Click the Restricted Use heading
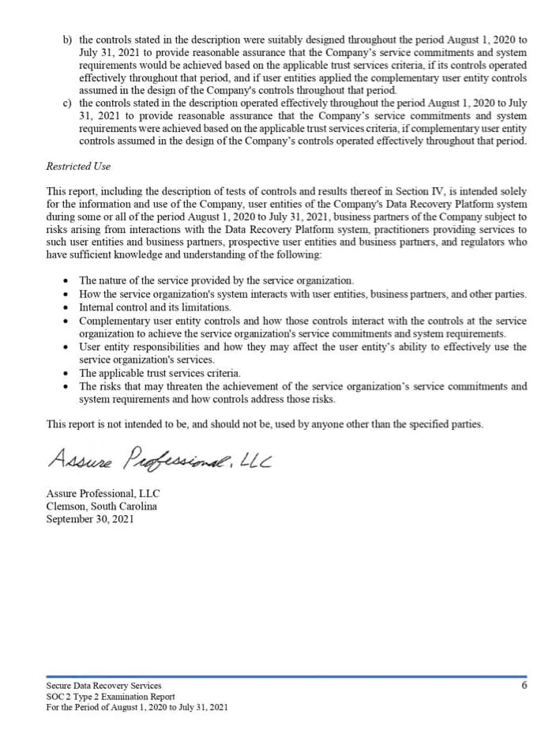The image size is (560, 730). [78, 167]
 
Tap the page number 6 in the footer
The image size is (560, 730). [524, 685]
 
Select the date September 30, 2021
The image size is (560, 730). [90, 519]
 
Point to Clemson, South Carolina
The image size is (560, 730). [101, 506]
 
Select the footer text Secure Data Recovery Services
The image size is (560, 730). [103, 686]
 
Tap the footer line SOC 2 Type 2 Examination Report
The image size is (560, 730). [111, 696]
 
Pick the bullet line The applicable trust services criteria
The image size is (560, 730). [160, 373]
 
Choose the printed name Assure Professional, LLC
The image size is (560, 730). [103, 494]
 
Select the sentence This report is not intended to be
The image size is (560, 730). [265, 424]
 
